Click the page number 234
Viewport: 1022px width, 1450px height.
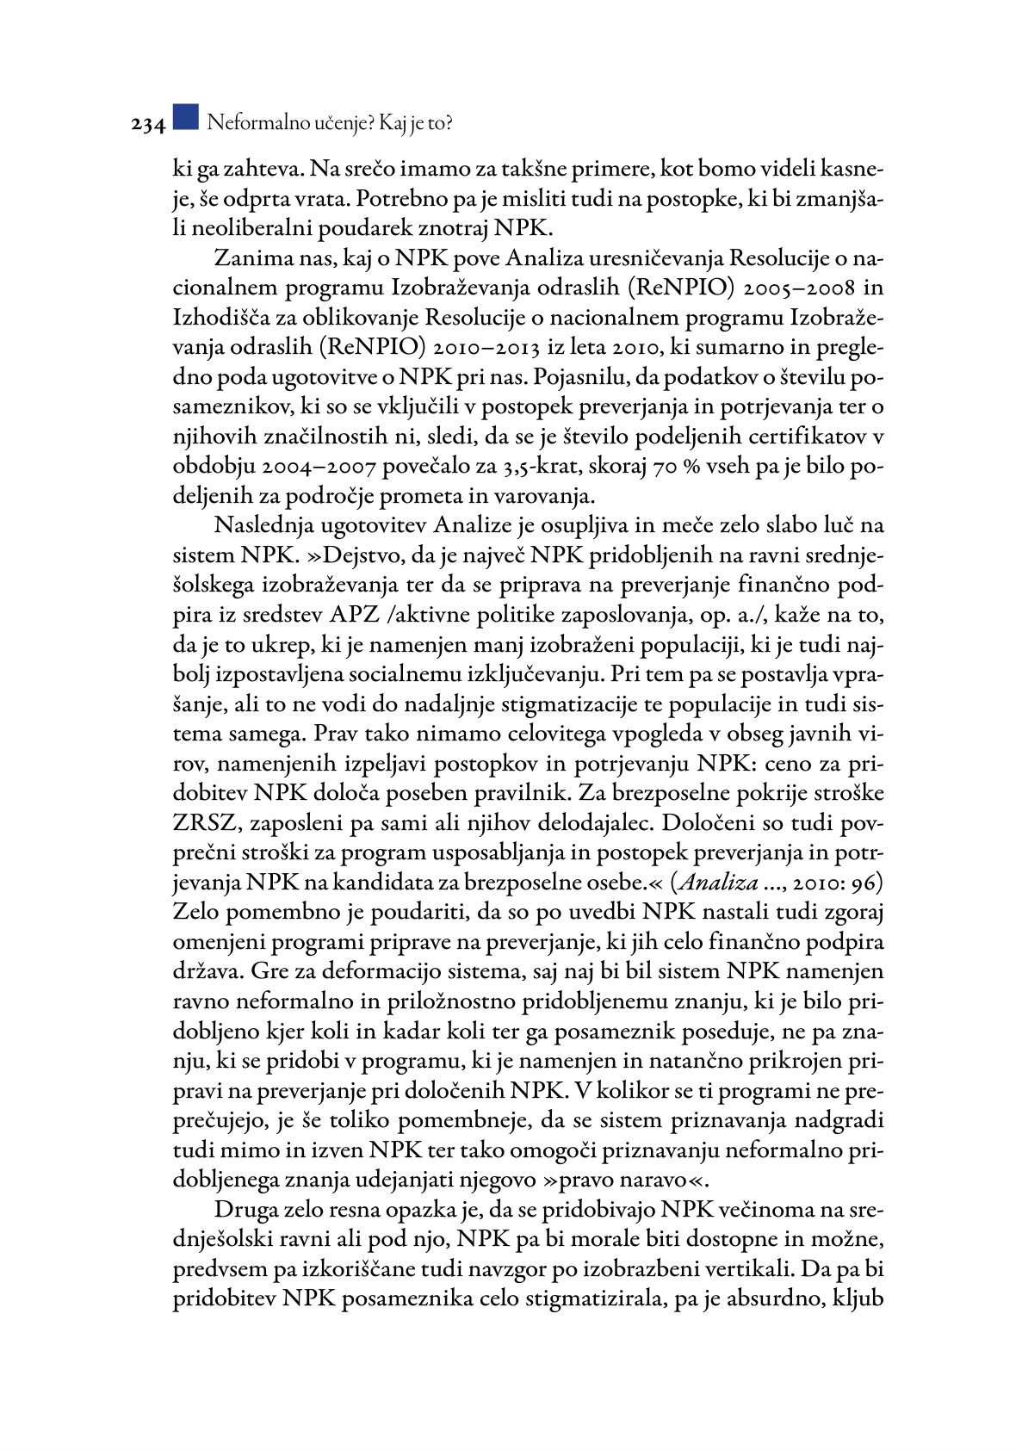[147, 125]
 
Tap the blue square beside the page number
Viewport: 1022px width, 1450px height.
[185, 117]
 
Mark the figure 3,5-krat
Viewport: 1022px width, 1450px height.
[536, 466]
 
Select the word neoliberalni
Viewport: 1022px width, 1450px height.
[252, 228]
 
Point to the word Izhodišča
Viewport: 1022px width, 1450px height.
[222, 318]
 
